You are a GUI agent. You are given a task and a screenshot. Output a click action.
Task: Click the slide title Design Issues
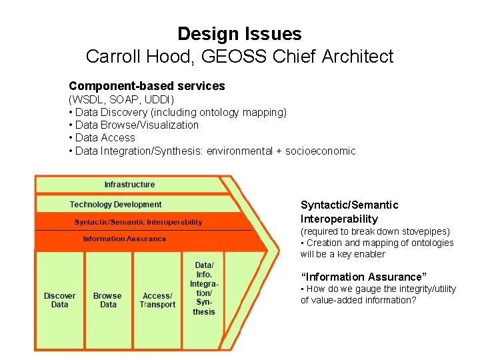(239, 34)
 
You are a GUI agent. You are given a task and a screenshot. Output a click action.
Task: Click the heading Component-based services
(147, 86)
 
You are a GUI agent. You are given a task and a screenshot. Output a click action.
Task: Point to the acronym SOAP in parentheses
(122, 99)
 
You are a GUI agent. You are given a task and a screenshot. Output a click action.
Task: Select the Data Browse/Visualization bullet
(137, 125)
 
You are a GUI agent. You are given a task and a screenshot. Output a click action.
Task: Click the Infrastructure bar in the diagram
(129, 185)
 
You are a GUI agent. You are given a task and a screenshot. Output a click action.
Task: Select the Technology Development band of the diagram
(116, 205)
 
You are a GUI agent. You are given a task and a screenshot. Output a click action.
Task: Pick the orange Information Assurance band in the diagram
(125, 239)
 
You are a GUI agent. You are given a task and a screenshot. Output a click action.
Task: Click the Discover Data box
(59, 300)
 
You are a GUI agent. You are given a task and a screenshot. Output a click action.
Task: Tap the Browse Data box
(107, 300)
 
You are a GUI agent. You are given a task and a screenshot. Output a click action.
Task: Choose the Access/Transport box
(157, 300)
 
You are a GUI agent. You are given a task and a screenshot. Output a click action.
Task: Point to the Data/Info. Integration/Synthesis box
(203, 288)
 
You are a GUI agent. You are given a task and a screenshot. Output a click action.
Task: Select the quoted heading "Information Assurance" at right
(363, 277)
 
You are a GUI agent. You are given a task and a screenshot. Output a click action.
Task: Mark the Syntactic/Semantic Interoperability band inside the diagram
(138, 222)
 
